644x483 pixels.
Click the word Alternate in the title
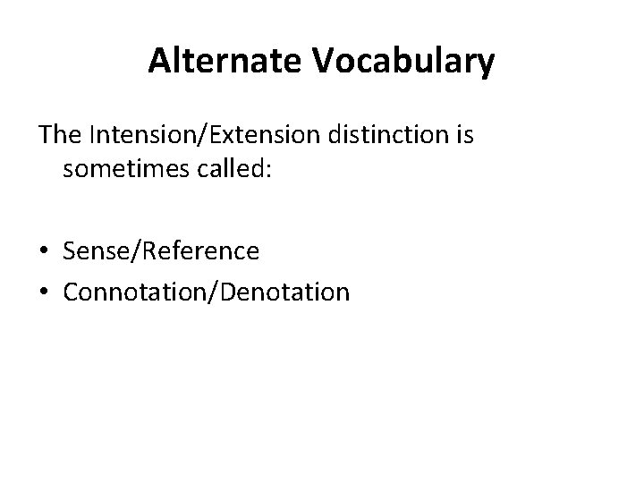pos(228,62)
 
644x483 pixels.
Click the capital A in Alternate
pos(159,62)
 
